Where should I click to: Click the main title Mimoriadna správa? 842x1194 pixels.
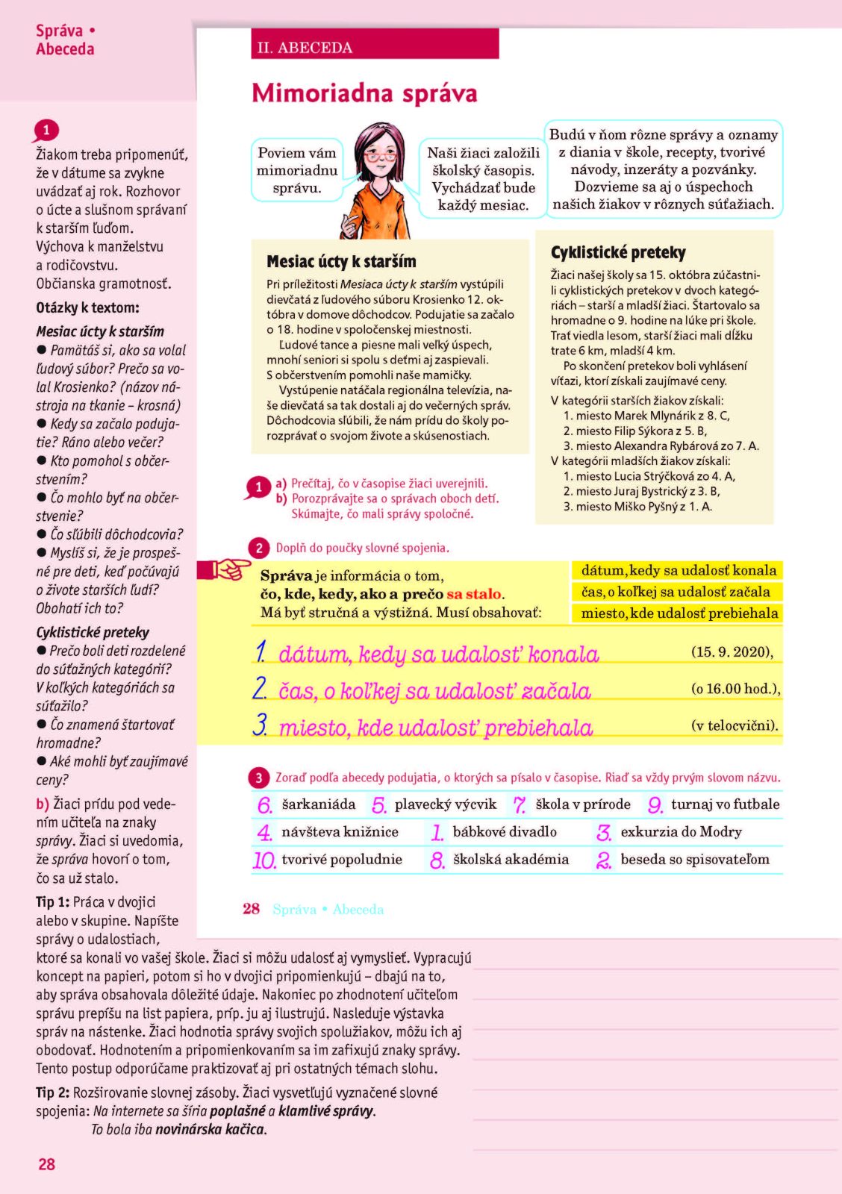point(364,93)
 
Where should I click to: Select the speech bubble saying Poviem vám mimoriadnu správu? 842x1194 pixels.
point(297,170)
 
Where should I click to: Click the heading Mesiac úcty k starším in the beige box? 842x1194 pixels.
point(341,262)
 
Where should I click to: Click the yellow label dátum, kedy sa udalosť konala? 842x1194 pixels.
point(678,570)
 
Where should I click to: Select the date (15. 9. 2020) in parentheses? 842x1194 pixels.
point(732,651)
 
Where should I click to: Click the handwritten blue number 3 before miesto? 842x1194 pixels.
point(260,725)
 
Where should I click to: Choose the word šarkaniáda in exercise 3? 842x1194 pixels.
point(319,804)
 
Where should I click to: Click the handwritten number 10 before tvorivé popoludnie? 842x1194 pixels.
point(264,860)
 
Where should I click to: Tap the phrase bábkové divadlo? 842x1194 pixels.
point(505,832)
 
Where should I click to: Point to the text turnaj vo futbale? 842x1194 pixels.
point(725,804)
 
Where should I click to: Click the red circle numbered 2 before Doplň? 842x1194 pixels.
point(259,548)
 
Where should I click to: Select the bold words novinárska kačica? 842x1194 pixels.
point(210,1129)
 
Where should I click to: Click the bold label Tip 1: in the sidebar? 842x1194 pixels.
point(53,902)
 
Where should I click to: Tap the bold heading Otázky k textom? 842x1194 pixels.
point(87,307)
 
